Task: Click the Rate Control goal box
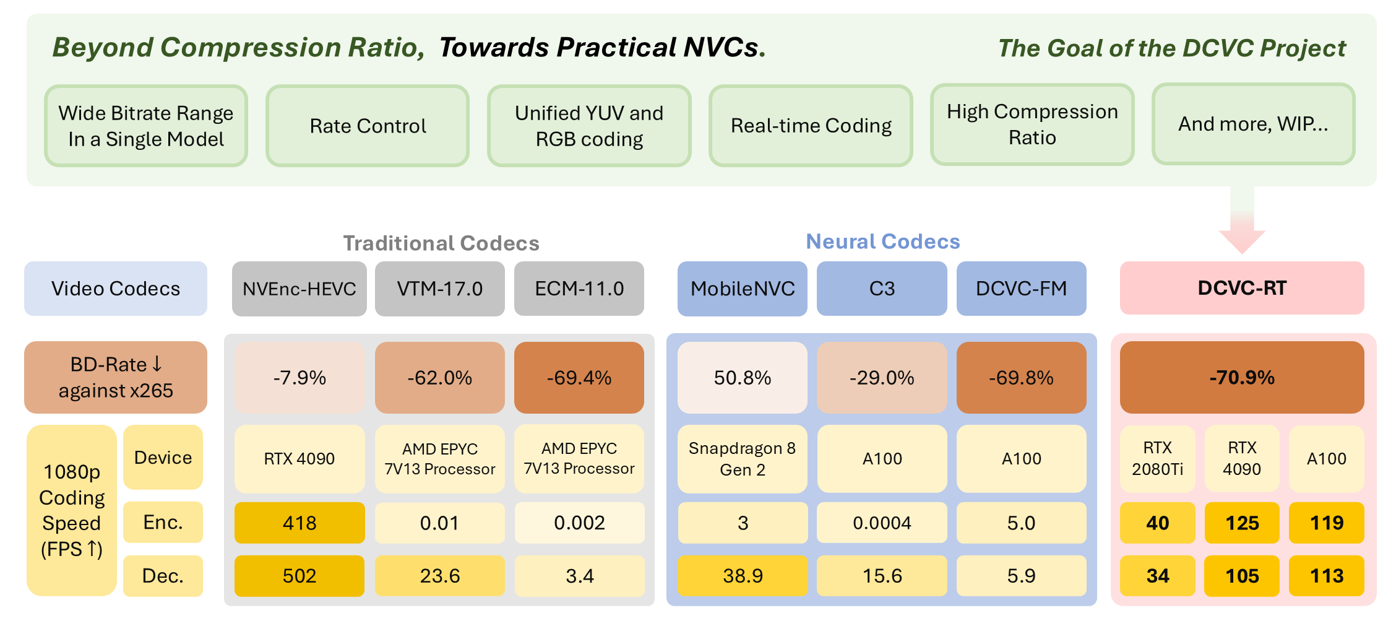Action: point(368,126)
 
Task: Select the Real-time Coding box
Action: point(811,126)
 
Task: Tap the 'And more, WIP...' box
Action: point(1253,124)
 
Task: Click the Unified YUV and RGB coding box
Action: point(589,126)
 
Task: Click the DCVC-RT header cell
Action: point(1242,288)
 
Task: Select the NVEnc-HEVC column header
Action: point(299,289)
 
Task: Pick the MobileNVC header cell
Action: point(743,289)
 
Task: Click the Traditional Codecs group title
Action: point(441,243)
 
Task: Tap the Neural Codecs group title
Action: point(883,242)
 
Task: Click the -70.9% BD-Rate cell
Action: point(1242,377)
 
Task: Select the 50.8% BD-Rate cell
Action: point(743,377)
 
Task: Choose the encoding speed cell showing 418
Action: point(299,523)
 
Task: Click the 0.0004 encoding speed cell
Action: point(882,523)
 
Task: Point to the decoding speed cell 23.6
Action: point(440,576)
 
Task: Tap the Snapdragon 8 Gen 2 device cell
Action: point(743,459)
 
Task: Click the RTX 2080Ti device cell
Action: point(1157,459)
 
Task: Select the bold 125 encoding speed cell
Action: point(1242,523)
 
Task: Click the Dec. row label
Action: point(163,576)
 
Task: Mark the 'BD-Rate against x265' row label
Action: point(116,377)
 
